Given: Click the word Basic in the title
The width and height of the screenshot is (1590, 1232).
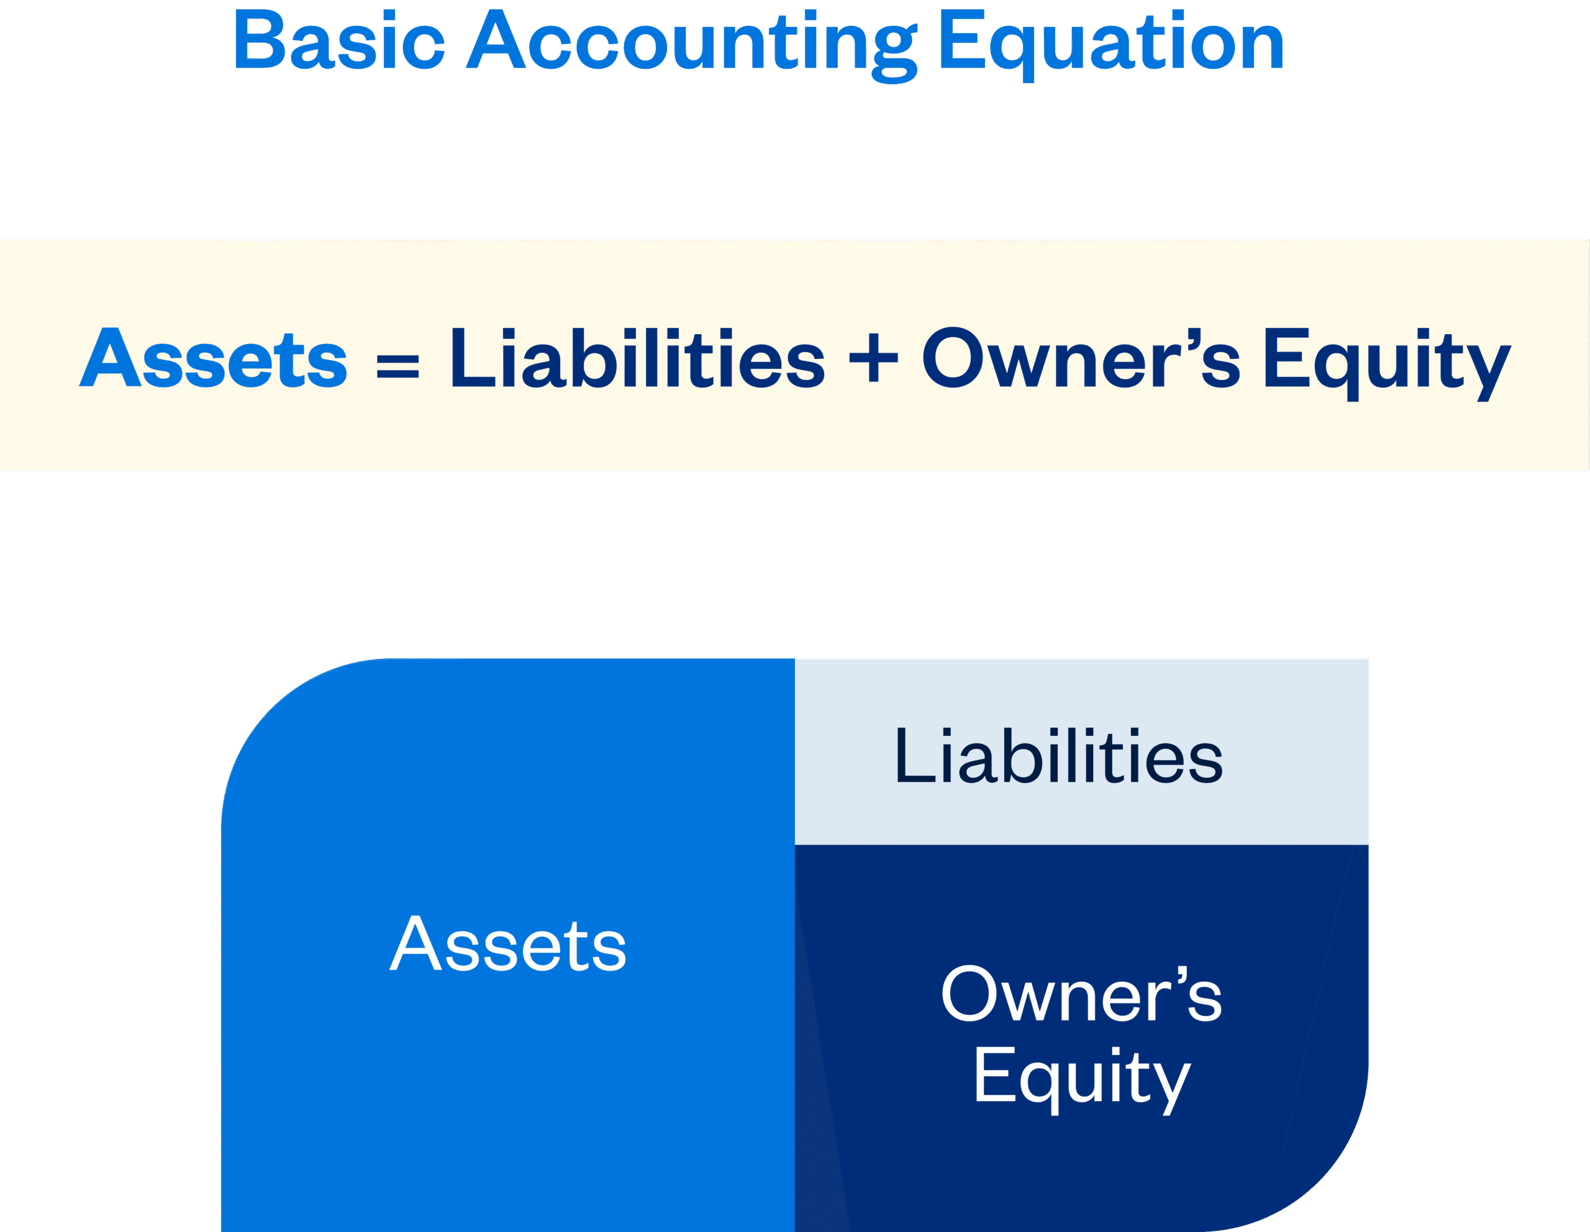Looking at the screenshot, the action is tap(339, 41).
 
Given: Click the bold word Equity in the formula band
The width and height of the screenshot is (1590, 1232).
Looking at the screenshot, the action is tap(1386, 363).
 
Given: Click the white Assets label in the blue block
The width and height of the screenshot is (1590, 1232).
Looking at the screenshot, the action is tap(508, 944).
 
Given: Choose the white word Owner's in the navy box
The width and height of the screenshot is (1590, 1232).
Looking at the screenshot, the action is tap(1082, 994).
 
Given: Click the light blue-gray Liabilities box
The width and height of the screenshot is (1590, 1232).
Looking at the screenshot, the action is tap(1082, 752).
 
